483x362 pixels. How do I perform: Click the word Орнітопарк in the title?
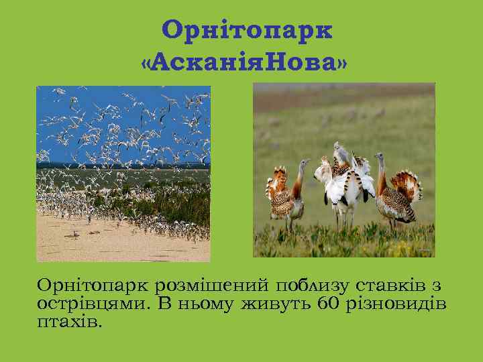click(247, 30)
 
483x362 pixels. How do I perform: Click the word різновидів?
click(396, 304)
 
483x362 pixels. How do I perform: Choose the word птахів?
click(70, 322)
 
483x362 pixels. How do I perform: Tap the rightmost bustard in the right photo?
click(396, 194)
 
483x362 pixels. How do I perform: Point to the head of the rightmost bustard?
click(380, 158)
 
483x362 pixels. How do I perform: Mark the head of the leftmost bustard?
click(305, 163)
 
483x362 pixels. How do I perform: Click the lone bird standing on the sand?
click(75, 234)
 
